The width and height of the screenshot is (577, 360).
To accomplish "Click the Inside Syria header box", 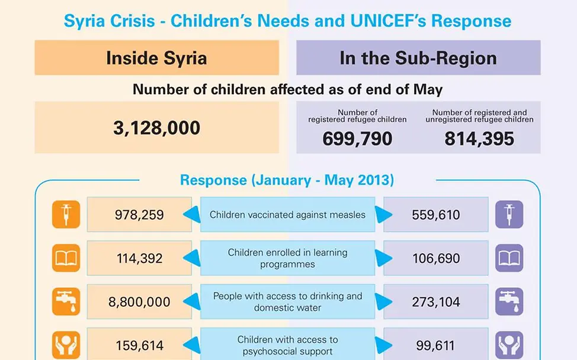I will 156,58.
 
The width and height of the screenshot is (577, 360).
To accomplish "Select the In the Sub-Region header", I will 418,58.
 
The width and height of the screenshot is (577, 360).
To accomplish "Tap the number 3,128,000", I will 156,127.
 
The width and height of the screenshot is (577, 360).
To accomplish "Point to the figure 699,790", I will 357,139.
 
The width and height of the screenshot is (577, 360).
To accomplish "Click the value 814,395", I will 479,139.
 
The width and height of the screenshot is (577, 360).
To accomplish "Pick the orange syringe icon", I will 66,214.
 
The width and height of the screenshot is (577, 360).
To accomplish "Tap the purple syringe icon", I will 509,214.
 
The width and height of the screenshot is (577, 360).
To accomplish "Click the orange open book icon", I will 66,258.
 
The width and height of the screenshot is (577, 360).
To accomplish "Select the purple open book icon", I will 509,258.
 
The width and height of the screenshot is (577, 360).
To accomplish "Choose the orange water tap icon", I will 66,302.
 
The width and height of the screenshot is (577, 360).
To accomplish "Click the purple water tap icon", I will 509,302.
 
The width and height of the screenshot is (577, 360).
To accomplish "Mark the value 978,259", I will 139,214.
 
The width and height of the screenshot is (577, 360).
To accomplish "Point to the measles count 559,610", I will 435,214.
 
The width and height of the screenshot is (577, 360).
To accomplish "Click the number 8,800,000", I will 139,302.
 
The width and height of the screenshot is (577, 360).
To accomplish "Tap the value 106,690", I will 435,258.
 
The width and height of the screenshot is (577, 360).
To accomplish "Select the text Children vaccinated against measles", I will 287,215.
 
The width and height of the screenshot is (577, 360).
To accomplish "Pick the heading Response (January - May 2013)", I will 287,179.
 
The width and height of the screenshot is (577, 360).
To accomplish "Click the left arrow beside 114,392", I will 192,258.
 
